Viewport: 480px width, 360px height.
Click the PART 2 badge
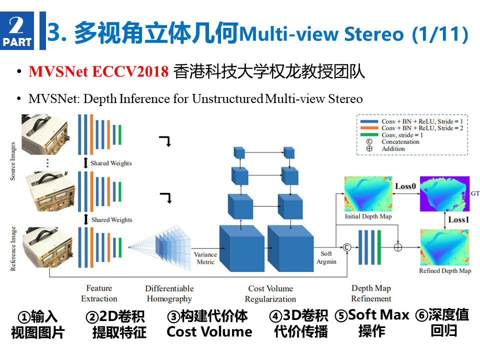click(x=17, y=30)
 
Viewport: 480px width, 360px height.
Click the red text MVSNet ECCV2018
click(x=98, y=71)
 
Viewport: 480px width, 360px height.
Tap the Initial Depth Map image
click(x=368, y=194)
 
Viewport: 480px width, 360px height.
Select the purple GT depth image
click(x=444, y=194)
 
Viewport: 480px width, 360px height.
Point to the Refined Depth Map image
click(x=444, y=247)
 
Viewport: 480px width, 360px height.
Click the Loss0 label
click(x=405, y=186)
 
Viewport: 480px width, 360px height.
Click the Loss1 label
click(x=458, y=220)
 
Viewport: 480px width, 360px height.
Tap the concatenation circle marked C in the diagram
click(x=347, y=247)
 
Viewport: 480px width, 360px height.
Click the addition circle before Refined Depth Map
click(x=398, y=247)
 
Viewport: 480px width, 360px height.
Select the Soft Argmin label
click(x=326, y=257)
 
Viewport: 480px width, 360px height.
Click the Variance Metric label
click(x=205, y=258)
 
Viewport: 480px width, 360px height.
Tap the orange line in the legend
click(x=369, y=128)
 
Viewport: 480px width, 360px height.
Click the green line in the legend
click(x=369, y=134)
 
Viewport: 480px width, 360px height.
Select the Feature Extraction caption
click(x=99, y=293)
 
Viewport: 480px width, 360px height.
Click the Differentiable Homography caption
click(x=169, y=293)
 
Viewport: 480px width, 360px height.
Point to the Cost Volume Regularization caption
click(x=270, y=293)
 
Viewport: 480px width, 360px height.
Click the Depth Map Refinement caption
click(x=371, y=293)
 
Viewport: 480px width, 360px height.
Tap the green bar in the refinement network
click(x=379, y=247)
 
